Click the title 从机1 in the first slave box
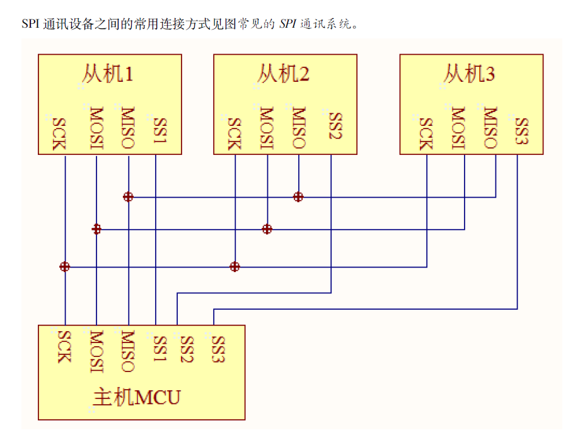click(108, 74)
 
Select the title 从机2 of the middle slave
click(283, 74)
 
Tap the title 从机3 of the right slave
click(469, 74)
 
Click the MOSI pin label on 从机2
click(267, 129)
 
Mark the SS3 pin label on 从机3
click(521, 131)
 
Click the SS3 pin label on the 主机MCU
click(217, 349)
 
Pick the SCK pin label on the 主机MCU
click(64, 346)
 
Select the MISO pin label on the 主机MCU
click(127, 351)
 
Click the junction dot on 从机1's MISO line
click(128, 197)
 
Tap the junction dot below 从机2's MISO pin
click(298, 197)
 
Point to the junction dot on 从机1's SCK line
click(64, 267)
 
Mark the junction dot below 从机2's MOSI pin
click(267, 229)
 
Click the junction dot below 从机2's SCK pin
click(235, 267)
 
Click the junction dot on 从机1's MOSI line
click(96, 229)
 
